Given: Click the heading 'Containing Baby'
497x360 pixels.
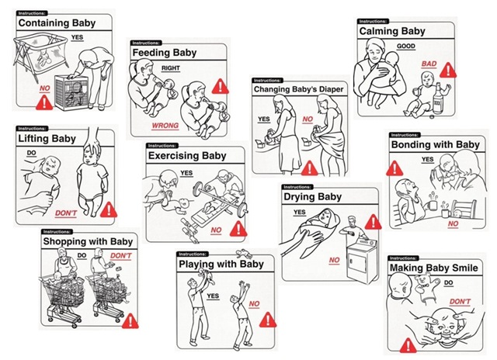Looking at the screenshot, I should pos(57,23).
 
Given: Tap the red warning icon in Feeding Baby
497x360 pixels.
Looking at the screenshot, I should pos(221,86).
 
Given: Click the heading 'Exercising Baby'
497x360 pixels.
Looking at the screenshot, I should pos(187,156).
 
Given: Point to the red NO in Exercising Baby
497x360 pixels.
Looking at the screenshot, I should pos(215,230).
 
